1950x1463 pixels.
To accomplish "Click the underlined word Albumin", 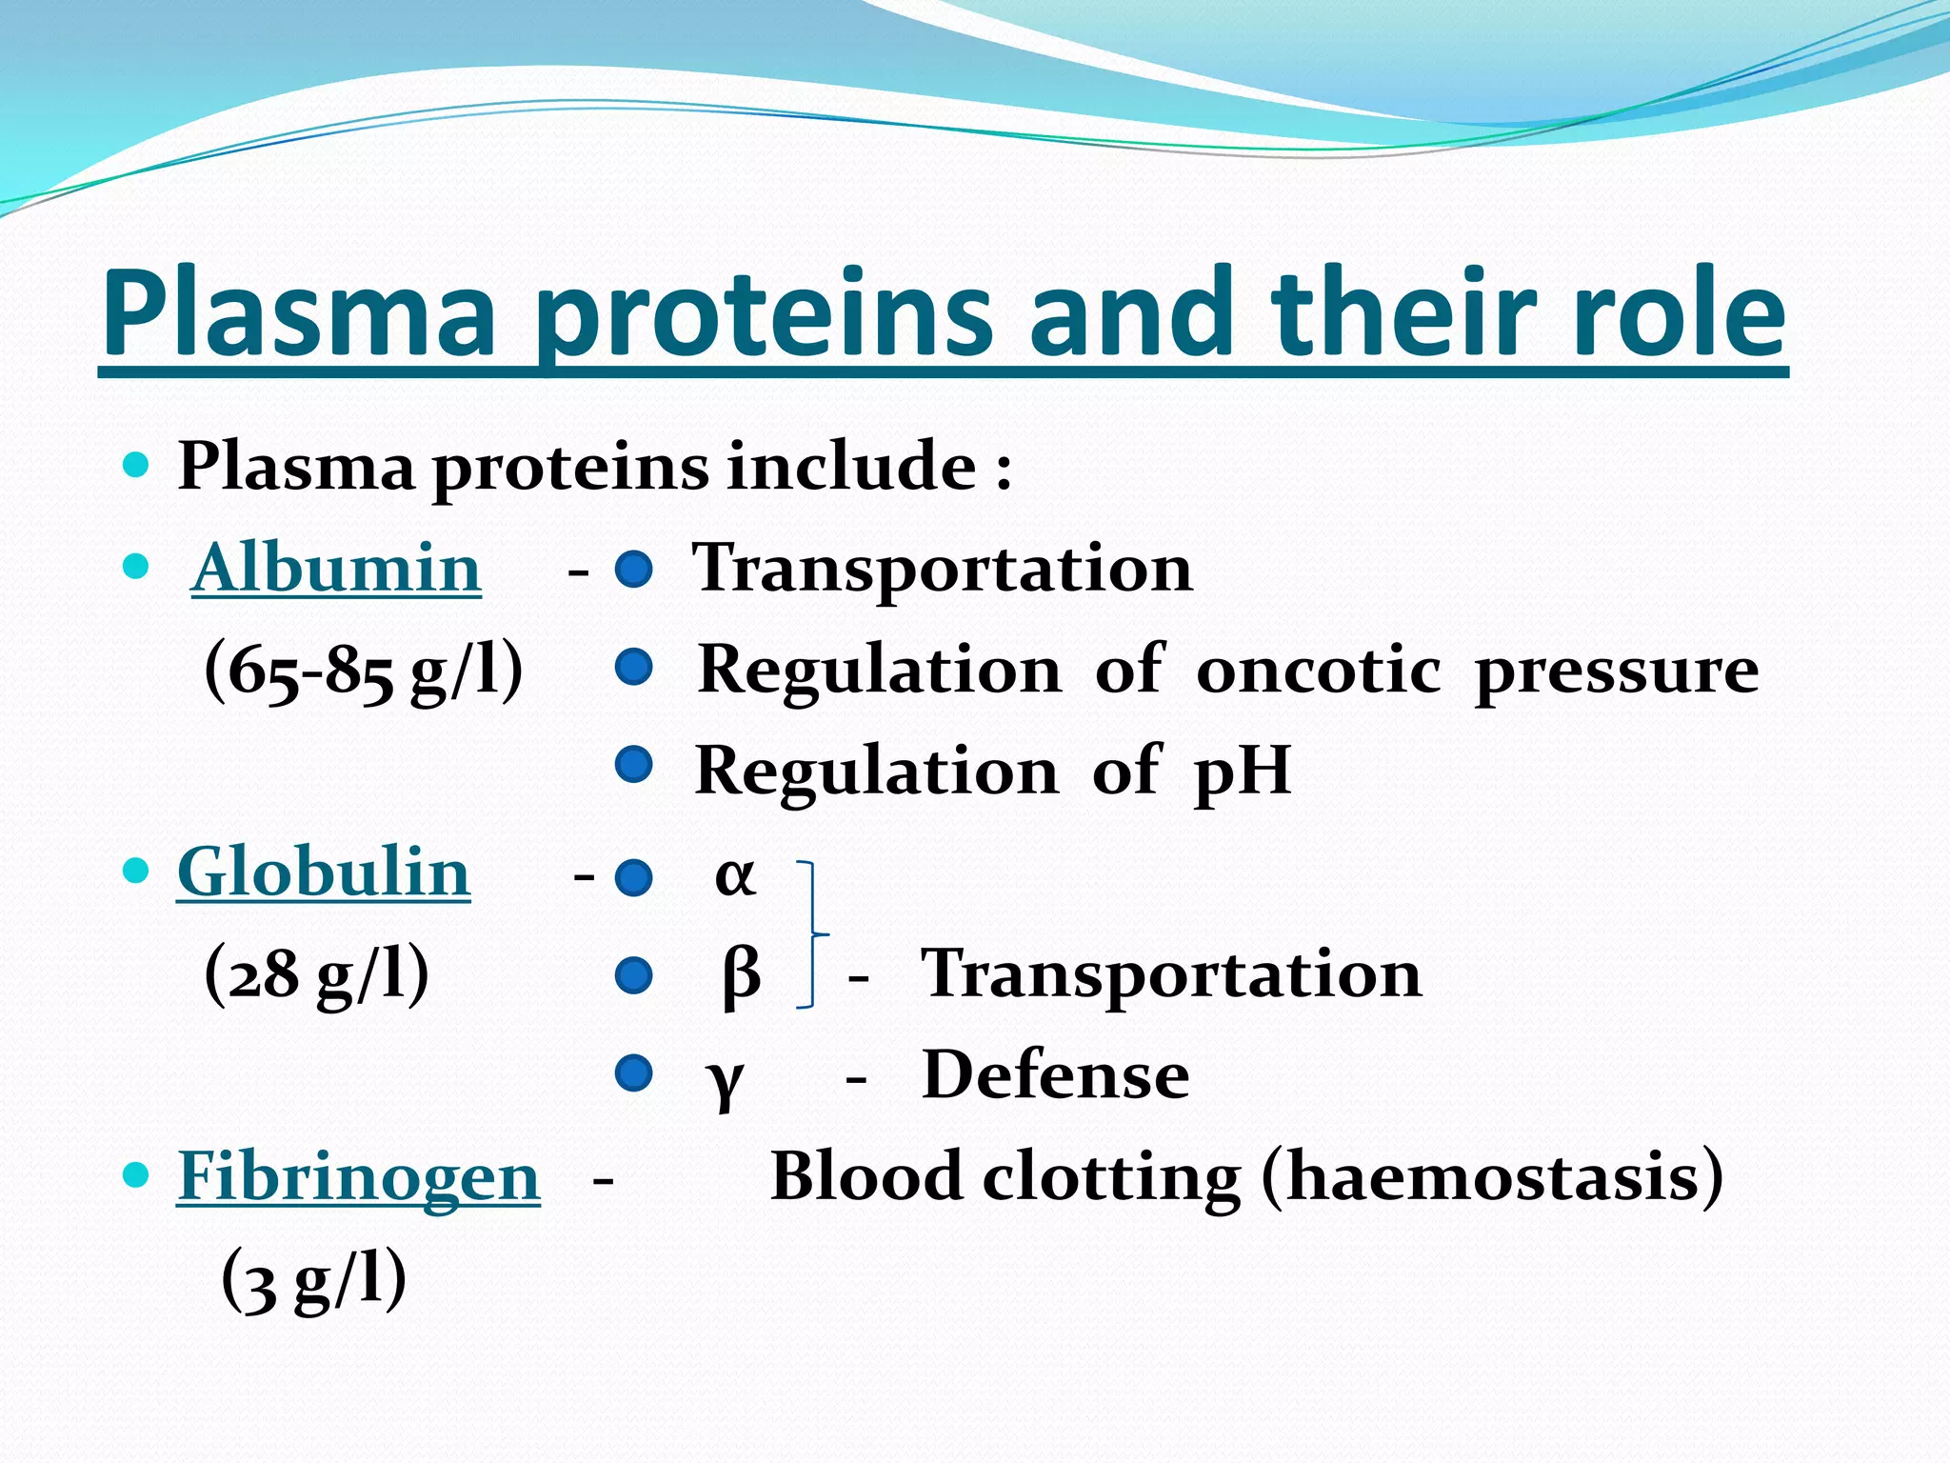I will [336, 569].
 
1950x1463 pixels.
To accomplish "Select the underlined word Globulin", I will [324, 872].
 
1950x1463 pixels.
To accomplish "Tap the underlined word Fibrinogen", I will [358, 1176].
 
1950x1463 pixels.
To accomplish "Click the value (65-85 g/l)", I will [363, 671].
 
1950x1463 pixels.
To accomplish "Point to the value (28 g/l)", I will [316, 974].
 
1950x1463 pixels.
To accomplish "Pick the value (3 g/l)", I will [313, 1278].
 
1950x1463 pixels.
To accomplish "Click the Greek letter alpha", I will [735, 875].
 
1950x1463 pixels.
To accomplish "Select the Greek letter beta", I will [741, 976].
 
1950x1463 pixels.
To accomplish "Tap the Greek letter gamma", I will [725, 1079].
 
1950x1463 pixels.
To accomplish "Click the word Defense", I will [1055, 1075].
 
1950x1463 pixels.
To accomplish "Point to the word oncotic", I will [1318, 670].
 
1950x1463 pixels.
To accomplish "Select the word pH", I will [1242, 771].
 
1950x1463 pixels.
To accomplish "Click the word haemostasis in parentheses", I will [1492, 1177].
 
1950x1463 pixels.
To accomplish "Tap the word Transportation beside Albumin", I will [942, 569].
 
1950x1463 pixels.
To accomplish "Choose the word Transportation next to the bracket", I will [1171, 974].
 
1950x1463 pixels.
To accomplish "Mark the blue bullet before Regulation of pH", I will [633, 764].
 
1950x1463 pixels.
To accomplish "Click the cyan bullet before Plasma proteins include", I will [137, 466].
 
